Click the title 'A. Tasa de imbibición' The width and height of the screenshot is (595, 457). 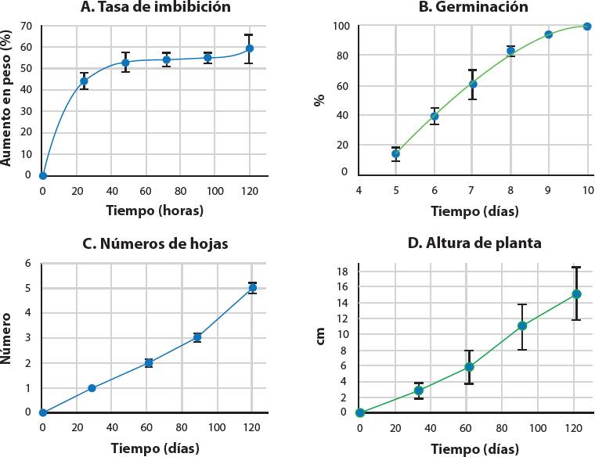155,8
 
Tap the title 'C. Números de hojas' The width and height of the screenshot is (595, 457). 155,243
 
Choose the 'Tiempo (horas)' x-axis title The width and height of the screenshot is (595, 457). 155,211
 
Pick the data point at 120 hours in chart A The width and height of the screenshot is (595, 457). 250,49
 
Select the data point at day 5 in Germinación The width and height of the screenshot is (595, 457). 396,153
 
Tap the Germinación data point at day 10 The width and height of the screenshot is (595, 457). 587,27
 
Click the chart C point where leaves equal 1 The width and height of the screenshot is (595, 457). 92,388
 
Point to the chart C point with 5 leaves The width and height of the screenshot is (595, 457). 252,288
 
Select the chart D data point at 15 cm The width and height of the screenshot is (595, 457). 576,294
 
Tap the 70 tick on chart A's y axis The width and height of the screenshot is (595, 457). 26,26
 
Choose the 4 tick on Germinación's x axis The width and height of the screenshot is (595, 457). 359,190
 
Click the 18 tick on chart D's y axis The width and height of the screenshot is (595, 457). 343,271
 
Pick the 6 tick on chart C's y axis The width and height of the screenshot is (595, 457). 28,264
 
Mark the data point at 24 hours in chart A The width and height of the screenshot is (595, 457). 84,81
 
